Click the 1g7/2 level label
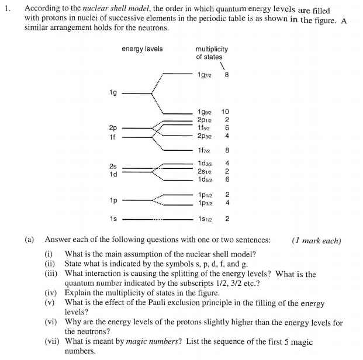205,75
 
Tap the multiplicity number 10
226,112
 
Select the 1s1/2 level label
205,219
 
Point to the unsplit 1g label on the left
113,92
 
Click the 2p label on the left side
113,127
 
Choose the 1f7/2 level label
205,150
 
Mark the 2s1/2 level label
205,171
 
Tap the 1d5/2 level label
205,179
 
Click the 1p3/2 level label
205,202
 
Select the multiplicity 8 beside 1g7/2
227,75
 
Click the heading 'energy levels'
142,49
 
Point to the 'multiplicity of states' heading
212,53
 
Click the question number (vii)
53,342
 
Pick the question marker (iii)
53,274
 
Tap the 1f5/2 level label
205,127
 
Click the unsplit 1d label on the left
113,174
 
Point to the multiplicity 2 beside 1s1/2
227,219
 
